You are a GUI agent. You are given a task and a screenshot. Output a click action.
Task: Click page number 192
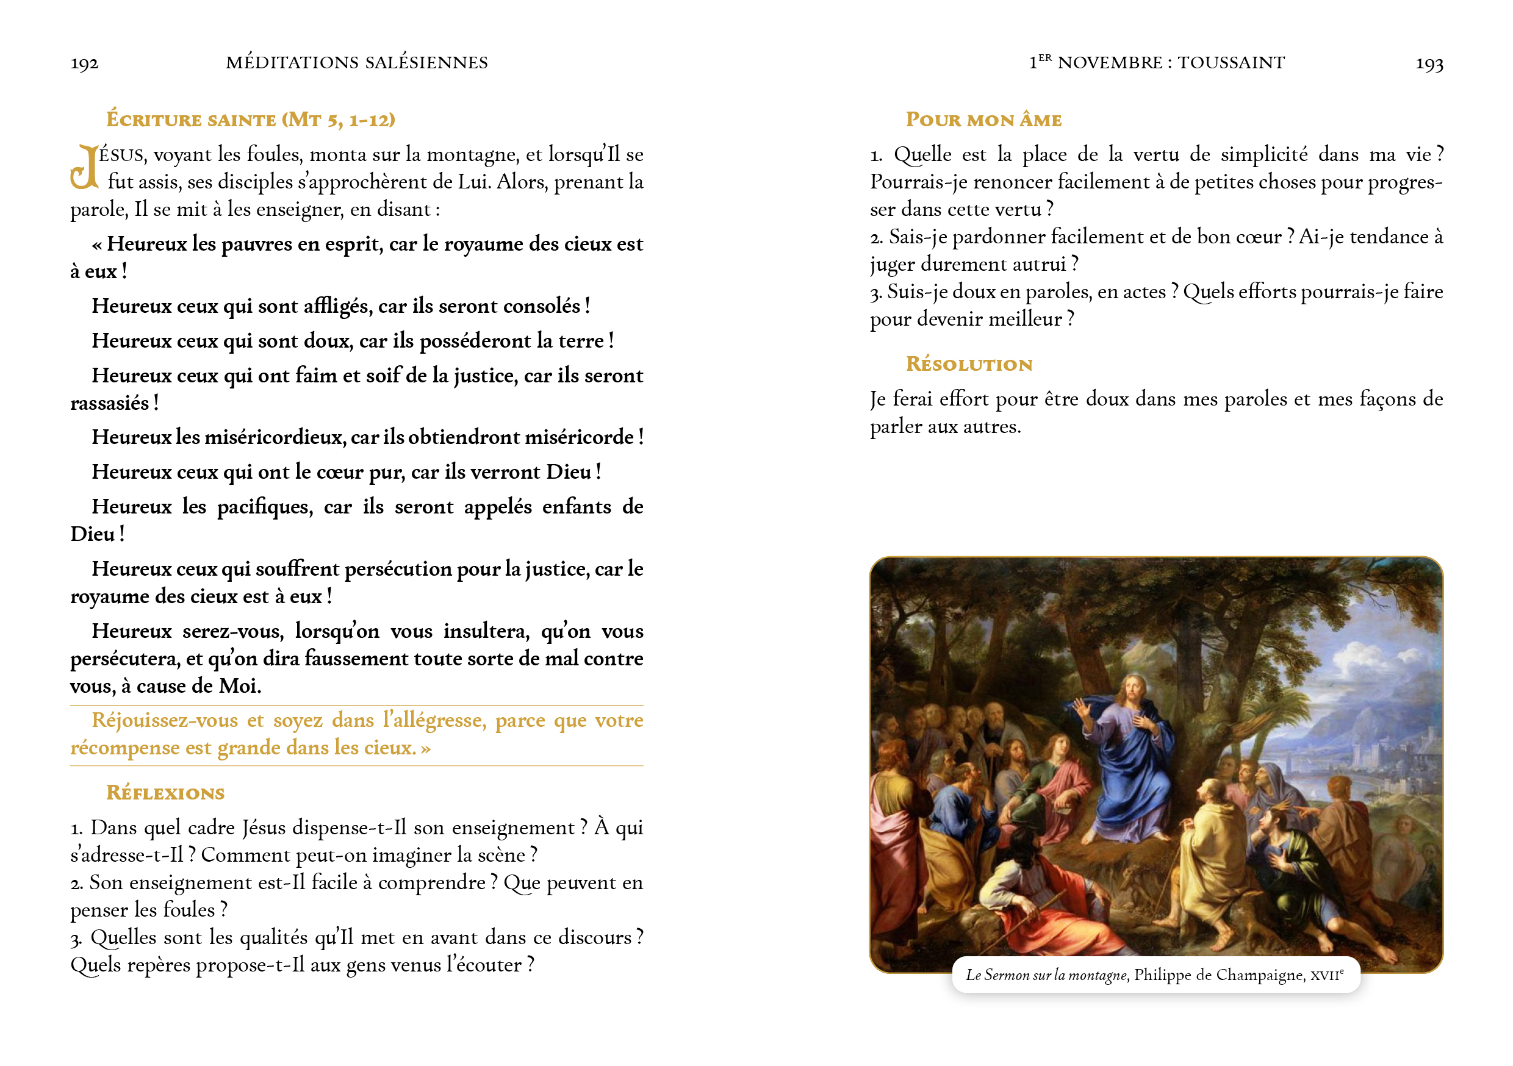84,63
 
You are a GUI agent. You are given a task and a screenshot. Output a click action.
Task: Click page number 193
1429,63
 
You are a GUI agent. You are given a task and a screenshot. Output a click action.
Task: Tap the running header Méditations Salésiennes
356,63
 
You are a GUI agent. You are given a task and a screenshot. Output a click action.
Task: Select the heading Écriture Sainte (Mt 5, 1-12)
250,120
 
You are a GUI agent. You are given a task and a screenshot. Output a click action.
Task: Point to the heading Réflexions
165,793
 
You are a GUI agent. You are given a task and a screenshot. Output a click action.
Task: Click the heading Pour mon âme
983,120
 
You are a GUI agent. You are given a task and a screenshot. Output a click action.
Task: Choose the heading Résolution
969,364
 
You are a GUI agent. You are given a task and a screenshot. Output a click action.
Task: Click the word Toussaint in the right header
1231,63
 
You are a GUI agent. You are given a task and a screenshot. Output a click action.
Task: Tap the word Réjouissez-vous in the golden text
165,720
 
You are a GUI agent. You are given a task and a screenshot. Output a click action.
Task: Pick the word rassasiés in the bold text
109,403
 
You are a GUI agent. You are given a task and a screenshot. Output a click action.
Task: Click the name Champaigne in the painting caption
1260,975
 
